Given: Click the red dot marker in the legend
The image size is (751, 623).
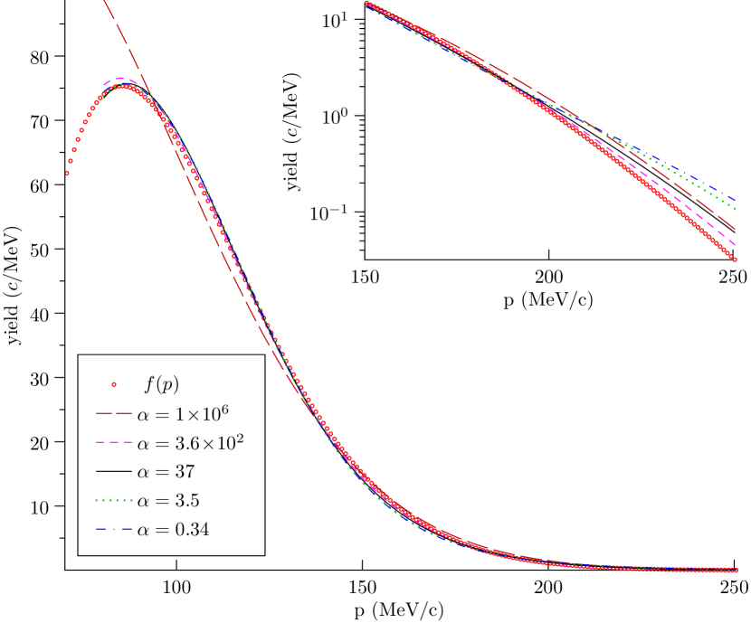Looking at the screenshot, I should point(114,384).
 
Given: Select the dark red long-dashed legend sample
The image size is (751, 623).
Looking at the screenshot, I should point(114,413).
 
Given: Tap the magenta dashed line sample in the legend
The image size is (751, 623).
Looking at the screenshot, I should point(114,442).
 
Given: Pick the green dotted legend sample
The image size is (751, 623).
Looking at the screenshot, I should point(114,500).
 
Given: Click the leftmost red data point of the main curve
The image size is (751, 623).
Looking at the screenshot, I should point(67,173).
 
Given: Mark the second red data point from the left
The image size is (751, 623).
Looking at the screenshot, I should point(71,161).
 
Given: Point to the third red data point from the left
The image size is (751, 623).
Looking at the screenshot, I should point(74,150).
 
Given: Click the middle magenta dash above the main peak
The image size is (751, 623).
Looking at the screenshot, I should point(121,79).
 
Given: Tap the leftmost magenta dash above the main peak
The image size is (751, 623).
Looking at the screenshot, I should point(107,82).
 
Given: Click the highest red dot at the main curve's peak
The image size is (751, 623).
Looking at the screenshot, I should point(124,87).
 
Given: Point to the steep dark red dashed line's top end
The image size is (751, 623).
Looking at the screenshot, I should point(105,2).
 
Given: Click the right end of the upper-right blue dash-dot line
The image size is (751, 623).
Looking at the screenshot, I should point(736,200).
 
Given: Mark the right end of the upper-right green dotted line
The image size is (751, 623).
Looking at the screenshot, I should point(736,209).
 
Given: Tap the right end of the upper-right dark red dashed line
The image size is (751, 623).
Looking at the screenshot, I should point(736,230).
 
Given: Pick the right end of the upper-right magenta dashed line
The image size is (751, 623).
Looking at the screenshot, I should point(736,244).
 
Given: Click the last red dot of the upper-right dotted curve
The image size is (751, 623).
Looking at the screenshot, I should point(736,260).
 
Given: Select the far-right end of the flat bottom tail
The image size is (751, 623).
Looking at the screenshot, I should point(737,570).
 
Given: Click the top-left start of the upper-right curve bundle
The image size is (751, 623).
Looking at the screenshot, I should point(366,3).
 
